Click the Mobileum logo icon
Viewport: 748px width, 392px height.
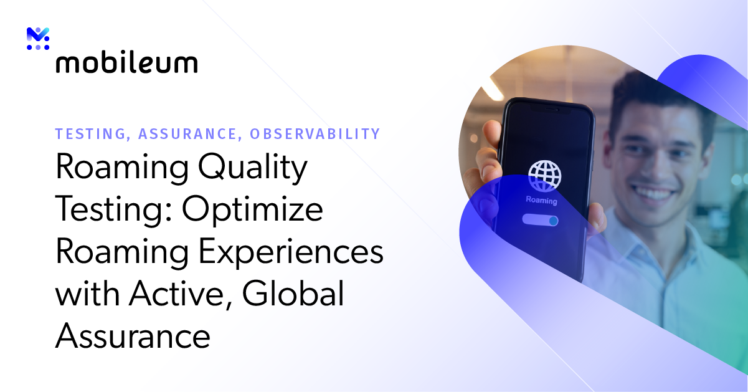coord(38,39)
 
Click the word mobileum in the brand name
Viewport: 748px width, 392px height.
coord(126,64)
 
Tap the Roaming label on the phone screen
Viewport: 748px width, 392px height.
coord(542,201)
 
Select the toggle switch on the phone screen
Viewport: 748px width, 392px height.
coord(540,220)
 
